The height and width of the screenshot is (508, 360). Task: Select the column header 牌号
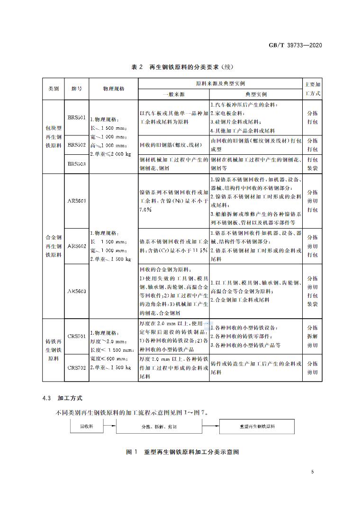(76, 89)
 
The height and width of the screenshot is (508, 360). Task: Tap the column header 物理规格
(114, 89)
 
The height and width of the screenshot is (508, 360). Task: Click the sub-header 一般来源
(173, 94)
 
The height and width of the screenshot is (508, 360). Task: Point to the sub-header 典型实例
(256, 94)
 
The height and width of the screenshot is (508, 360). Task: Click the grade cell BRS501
(76, 118)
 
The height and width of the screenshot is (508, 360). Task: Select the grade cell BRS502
(76, 144)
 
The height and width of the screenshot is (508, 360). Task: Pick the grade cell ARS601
(76, 201)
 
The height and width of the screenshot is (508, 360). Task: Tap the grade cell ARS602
(76, 246)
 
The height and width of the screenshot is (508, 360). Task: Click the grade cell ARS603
(76, 291)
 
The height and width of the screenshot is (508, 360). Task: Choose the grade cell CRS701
(76, 336)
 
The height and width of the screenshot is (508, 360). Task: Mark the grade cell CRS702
(76, 367)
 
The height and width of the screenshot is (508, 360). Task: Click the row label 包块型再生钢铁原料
(53, 137)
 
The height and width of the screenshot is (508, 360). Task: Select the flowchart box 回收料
(86, 427)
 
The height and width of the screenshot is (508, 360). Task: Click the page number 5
(313, 472)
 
